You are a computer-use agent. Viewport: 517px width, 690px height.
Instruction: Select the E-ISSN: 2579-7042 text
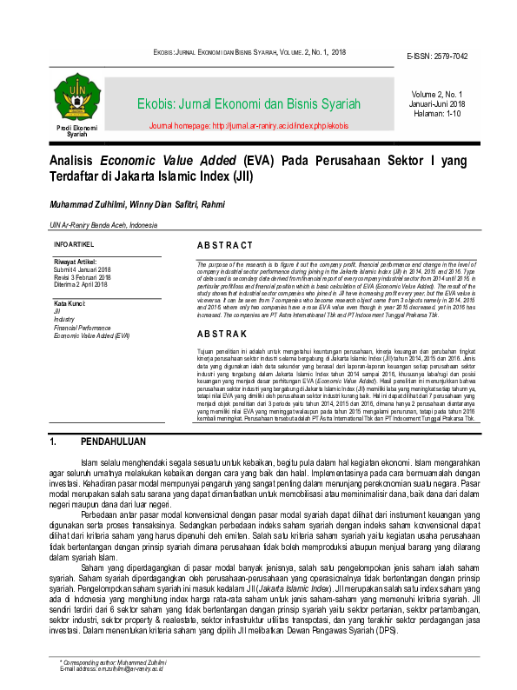click(x=436, y=56)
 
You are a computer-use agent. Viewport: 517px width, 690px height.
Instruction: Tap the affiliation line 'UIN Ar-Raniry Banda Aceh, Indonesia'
click(x=103, y=225)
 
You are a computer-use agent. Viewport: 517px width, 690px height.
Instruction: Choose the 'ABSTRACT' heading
click(x=225, y=246)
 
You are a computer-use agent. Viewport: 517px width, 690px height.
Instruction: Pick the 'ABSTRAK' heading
click(x=222, y=334)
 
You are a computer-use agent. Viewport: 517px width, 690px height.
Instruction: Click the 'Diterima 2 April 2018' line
click(x=81, y=283)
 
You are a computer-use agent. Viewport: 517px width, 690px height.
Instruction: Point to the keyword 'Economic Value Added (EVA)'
click(x=91, y=335)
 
